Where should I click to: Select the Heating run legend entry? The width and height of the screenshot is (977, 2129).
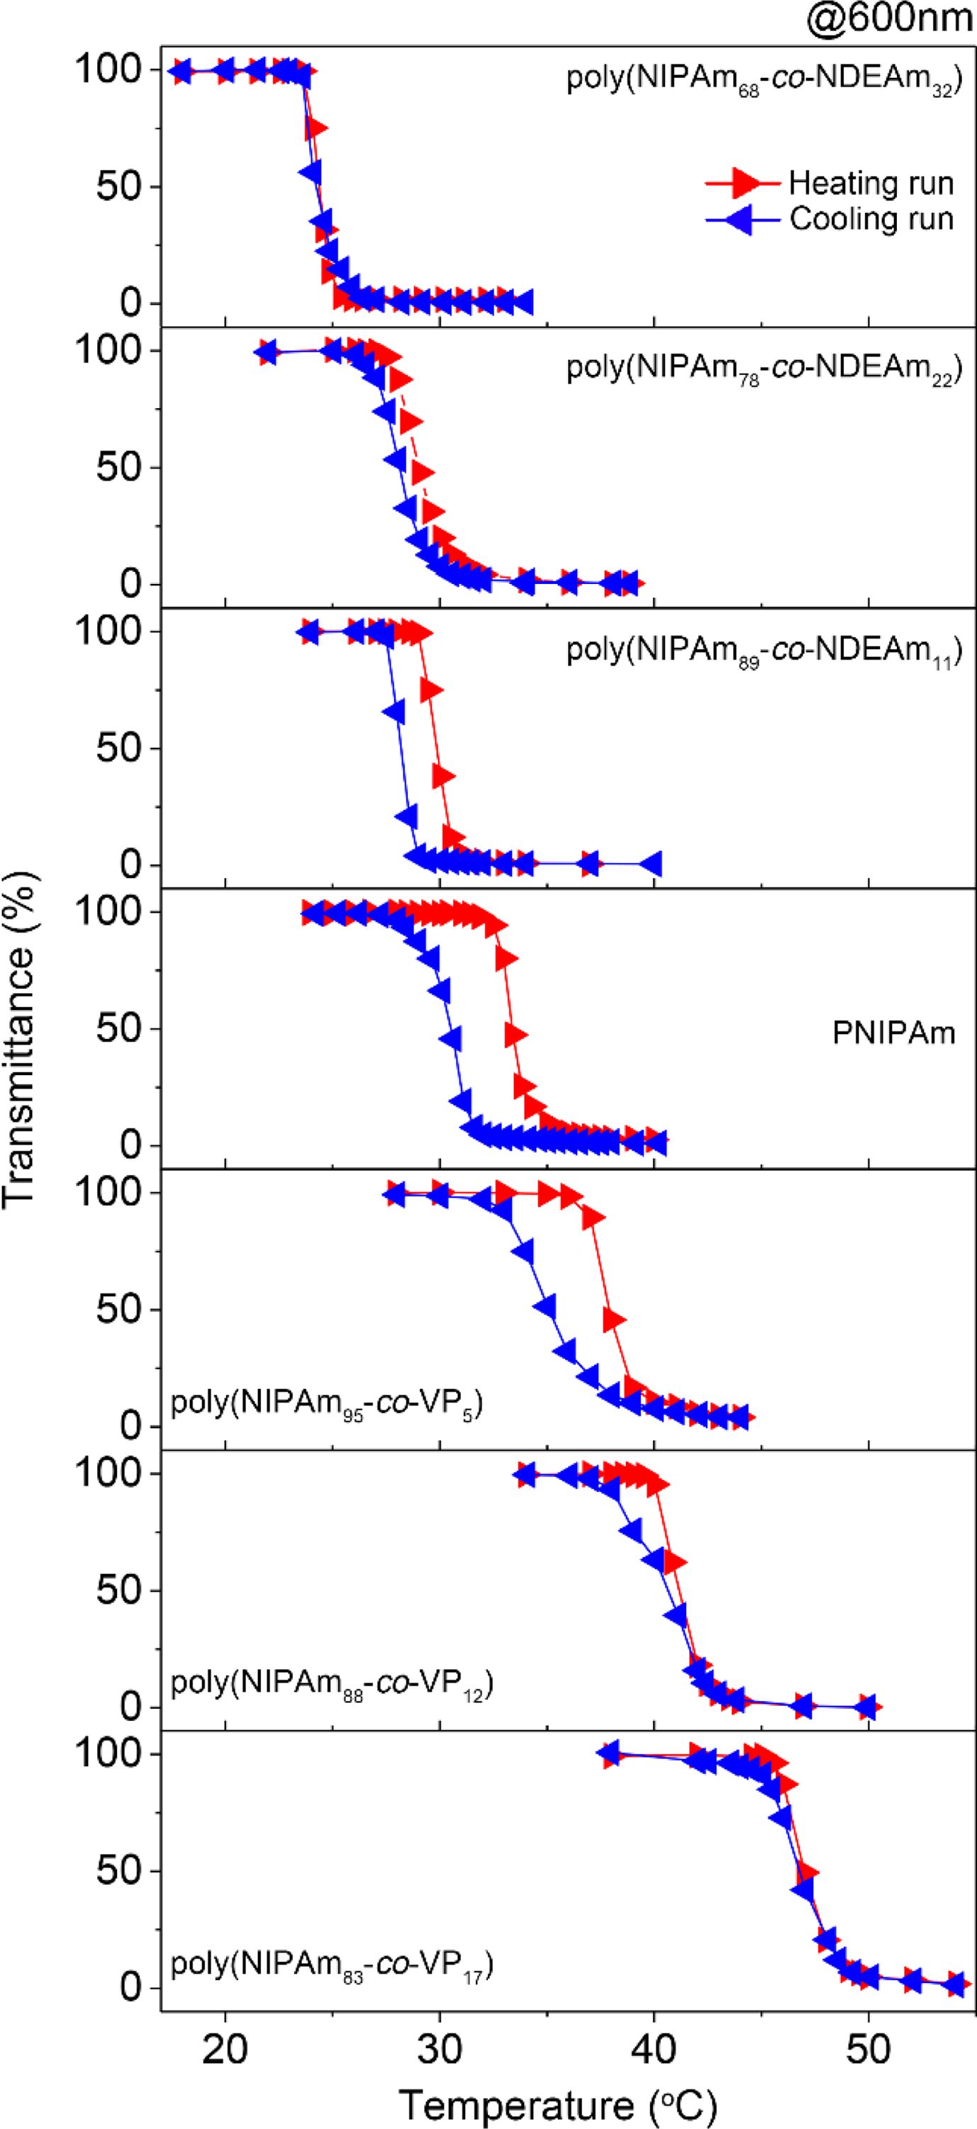click(x=871, y=183)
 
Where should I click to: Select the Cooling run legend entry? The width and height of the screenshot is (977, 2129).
click(x=871, y=219)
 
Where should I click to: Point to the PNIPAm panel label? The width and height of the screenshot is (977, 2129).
click(x=893, y=1033)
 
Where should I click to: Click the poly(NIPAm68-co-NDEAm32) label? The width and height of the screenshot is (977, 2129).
click(x=764, y=84)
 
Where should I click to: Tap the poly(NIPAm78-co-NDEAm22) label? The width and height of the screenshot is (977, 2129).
click(x=764, y=369)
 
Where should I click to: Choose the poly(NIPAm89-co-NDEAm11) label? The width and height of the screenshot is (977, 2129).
click(x=764, y=651)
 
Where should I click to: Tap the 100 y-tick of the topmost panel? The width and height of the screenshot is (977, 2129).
click(x=109, y=69)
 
